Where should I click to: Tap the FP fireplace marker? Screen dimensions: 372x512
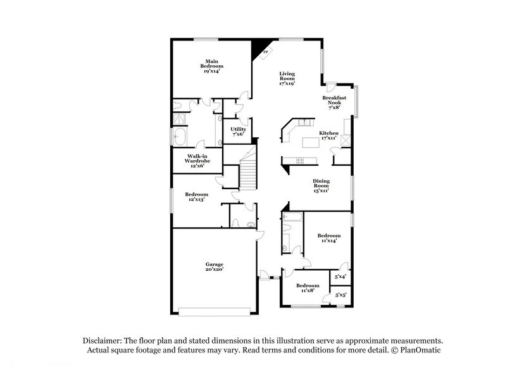coord(266,53)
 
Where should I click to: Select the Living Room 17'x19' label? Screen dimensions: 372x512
coord(288,78)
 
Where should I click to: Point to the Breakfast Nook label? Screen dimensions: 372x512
coord(334,102)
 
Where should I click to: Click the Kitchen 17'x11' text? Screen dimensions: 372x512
coord(329,135)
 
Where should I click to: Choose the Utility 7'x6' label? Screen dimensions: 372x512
coord(238,131)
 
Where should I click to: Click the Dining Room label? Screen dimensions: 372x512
coord(322,185)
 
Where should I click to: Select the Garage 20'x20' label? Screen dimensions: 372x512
coord(214,266)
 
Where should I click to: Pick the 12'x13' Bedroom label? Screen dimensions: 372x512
coord(196,197)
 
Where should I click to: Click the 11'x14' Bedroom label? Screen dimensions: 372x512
coord(329,239)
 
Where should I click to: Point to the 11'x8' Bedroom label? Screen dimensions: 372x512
coord(308,288)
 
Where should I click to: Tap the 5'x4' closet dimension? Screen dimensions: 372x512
coord(340,276)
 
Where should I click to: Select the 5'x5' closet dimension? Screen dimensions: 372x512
coord(340,294)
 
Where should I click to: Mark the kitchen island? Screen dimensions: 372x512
coord(312,143)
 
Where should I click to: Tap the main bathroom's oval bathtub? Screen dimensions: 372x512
coord(180,136)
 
